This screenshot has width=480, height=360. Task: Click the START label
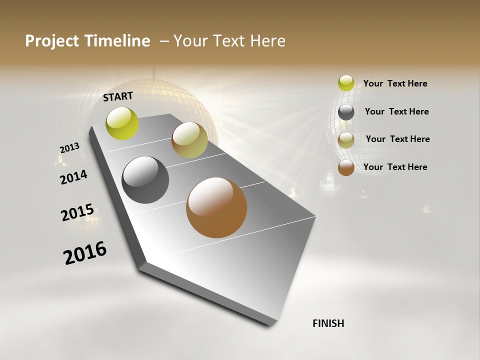[118, 96]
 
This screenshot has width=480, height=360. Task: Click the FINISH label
[328, 323]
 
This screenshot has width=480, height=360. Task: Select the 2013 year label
[69, 148]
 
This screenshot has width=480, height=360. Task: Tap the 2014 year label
[73, 177]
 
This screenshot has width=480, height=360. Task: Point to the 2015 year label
[77, 212]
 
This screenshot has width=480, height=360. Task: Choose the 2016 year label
[85, 253]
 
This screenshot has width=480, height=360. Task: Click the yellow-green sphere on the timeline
[122, 123]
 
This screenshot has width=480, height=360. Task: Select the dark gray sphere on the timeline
[145, 180]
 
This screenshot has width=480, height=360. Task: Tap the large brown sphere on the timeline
[216, 207]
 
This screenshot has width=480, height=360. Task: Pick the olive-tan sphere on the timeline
[189, 140]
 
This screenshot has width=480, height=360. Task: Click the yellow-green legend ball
[346, 83]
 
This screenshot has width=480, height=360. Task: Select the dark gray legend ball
[346, 112]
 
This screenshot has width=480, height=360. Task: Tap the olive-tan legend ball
[346, 140]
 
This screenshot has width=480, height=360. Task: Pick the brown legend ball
[346, 167]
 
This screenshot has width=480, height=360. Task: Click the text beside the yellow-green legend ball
[395, 84]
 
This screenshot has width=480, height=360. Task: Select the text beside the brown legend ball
[395, 167]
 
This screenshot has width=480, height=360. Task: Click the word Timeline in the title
[118, 41]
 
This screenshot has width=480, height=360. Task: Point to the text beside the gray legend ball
[396, 111]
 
